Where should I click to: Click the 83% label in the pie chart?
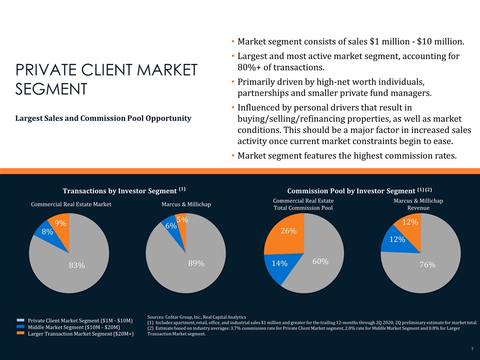click(76, 266)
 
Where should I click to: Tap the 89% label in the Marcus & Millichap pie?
click(196, 263)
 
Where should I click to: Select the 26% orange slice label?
click(288, 231)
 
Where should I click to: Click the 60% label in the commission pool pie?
click(320, 261)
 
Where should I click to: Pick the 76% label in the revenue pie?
click(427, 265)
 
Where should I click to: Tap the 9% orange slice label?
click(60, 223)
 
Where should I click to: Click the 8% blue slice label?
click(47, 232)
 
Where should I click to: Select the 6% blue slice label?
click(171, 226)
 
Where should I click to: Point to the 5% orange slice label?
click(182, 219)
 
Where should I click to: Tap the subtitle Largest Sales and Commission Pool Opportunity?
click(103, 118)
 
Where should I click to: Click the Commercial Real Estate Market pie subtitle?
click(71, 204)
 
